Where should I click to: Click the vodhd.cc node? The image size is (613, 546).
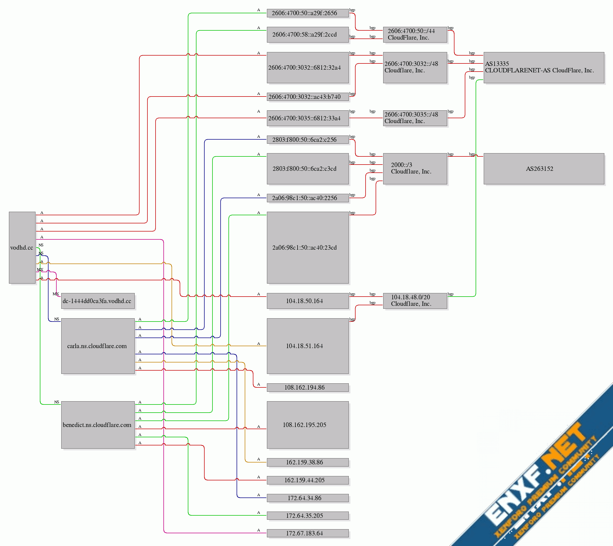22,248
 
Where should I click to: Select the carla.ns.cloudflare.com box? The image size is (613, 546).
98,346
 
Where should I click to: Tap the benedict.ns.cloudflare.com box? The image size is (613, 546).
98,425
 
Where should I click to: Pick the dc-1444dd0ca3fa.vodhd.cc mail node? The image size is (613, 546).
98,301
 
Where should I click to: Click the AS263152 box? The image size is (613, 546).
543,169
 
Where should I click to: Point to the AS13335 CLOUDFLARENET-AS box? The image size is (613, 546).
543,68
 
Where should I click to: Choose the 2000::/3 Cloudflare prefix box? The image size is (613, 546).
415,169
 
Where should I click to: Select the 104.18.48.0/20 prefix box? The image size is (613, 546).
415,301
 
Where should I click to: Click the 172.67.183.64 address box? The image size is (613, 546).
307,533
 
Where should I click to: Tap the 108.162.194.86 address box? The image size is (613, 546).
307,387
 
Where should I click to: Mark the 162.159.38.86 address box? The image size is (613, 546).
307,462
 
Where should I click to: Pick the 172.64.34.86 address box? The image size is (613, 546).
307,498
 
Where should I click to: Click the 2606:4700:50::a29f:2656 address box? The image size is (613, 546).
307,13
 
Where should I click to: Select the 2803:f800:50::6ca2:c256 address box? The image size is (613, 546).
307,140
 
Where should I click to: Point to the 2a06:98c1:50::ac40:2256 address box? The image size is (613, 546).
307,198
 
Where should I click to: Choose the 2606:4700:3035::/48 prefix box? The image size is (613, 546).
415,118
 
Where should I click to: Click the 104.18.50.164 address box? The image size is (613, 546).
307,301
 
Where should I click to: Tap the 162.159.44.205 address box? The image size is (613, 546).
307,480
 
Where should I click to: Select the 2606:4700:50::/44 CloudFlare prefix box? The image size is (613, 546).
415,34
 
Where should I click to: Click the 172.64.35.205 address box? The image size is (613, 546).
307,515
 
